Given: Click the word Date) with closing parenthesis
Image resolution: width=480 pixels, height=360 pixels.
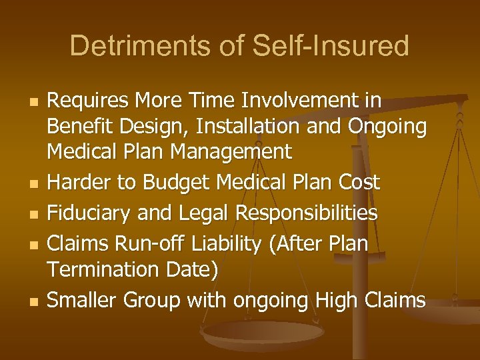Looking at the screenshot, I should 193,270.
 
